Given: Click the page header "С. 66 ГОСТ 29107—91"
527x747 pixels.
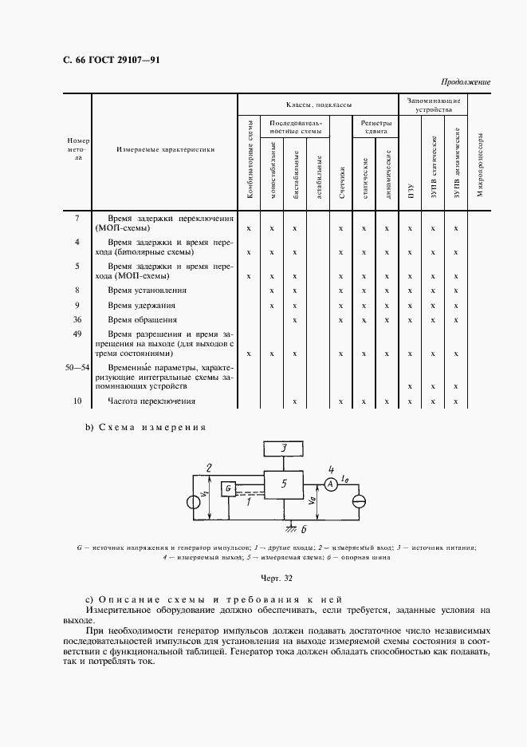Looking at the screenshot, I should click(106, 61).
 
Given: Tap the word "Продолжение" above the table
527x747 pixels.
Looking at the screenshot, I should click(466, 83).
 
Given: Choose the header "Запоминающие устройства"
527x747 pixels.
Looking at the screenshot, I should click(433, 106).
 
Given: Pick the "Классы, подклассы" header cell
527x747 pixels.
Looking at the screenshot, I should click(319, 105).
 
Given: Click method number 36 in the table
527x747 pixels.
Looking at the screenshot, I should click(77, 320).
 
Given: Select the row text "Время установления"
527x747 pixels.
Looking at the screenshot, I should click(147, 290).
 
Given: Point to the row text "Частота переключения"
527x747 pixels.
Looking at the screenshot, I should click(151, 401).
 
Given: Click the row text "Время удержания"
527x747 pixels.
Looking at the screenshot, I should click(142, 306).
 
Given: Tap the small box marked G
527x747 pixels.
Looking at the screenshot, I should click(228, 488).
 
